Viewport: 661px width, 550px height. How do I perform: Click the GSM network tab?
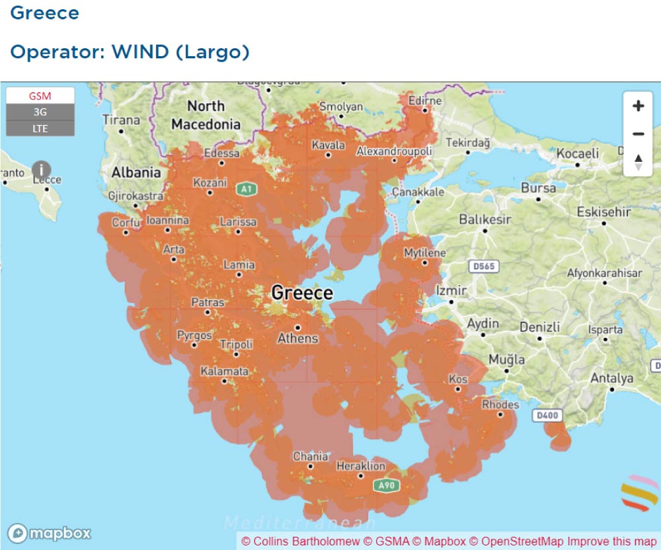40,96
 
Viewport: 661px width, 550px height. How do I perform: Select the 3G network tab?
40,112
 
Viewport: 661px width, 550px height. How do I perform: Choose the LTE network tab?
40,128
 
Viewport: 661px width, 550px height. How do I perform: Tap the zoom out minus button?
638,134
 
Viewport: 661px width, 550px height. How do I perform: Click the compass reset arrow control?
638,162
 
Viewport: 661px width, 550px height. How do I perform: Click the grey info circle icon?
42,170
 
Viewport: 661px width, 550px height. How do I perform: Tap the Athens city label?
297,338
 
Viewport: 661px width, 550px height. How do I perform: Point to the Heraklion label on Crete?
360,466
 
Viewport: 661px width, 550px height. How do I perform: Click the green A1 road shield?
247,190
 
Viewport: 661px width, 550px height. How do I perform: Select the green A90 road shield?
386,486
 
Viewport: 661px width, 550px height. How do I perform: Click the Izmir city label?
451,290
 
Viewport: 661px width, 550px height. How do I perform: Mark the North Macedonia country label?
206,115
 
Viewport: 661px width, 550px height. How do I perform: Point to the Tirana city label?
121,120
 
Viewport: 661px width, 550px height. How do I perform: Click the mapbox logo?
50,533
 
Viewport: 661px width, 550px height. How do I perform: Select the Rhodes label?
500,404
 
